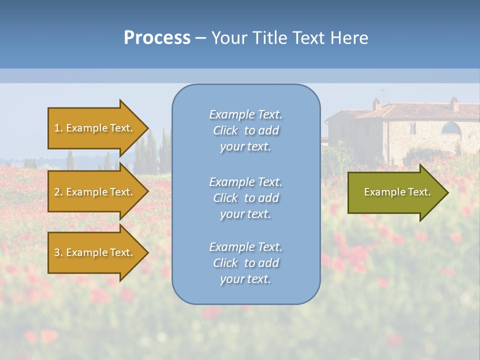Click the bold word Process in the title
157,38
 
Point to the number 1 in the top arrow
57,128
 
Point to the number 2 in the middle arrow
57,192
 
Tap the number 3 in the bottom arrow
57,252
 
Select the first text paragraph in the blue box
245,130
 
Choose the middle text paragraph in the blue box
245,198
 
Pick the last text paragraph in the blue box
245,263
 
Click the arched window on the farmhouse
451,128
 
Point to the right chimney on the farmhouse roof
454,104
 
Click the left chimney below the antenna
376,104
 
